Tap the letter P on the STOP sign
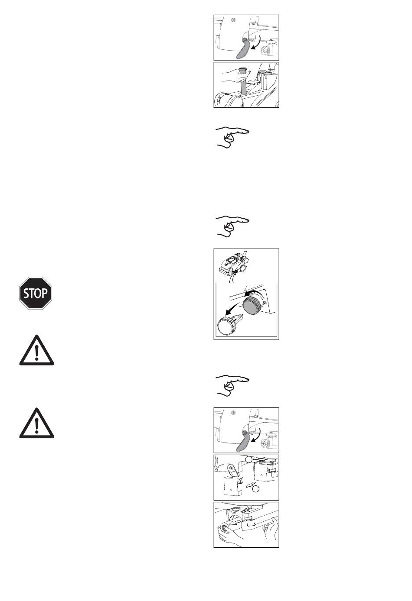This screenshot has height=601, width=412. [44, 293]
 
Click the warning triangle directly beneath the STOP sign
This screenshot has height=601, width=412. [37, 350]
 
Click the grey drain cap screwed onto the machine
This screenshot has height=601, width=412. [251, 305]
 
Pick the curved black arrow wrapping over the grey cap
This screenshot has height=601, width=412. [253, 293]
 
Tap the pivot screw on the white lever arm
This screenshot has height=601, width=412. [231, 468]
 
